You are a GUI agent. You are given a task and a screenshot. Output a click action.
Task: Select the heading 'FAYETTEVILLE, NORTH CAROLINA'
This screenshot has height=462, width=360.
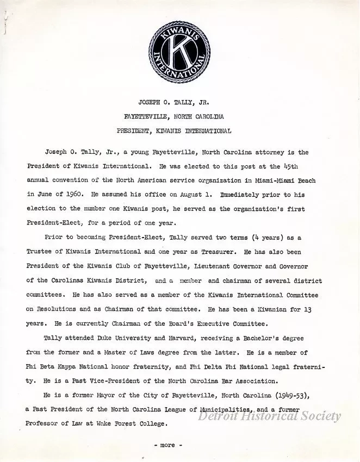point(174,116)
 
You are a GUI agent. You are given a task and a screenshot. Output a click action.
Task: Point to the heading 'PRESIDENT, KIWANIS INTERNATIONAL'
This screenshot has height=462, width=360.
point(174,130)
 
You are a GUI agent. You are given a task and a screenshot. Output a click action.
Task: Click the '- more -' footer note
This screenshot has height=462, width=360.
point(167,445)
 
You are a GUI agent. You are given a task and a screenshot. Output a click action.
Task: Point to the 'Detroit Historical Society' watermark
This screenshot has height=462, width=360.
point(269,416)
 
